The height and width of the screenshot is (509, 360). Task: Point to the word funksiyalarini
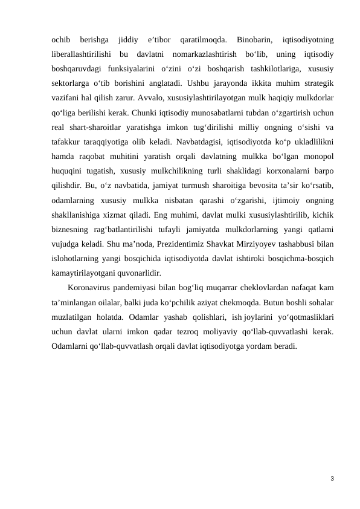point(127,68)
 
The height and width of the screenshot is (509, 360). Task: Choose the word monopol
point(318,152)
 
